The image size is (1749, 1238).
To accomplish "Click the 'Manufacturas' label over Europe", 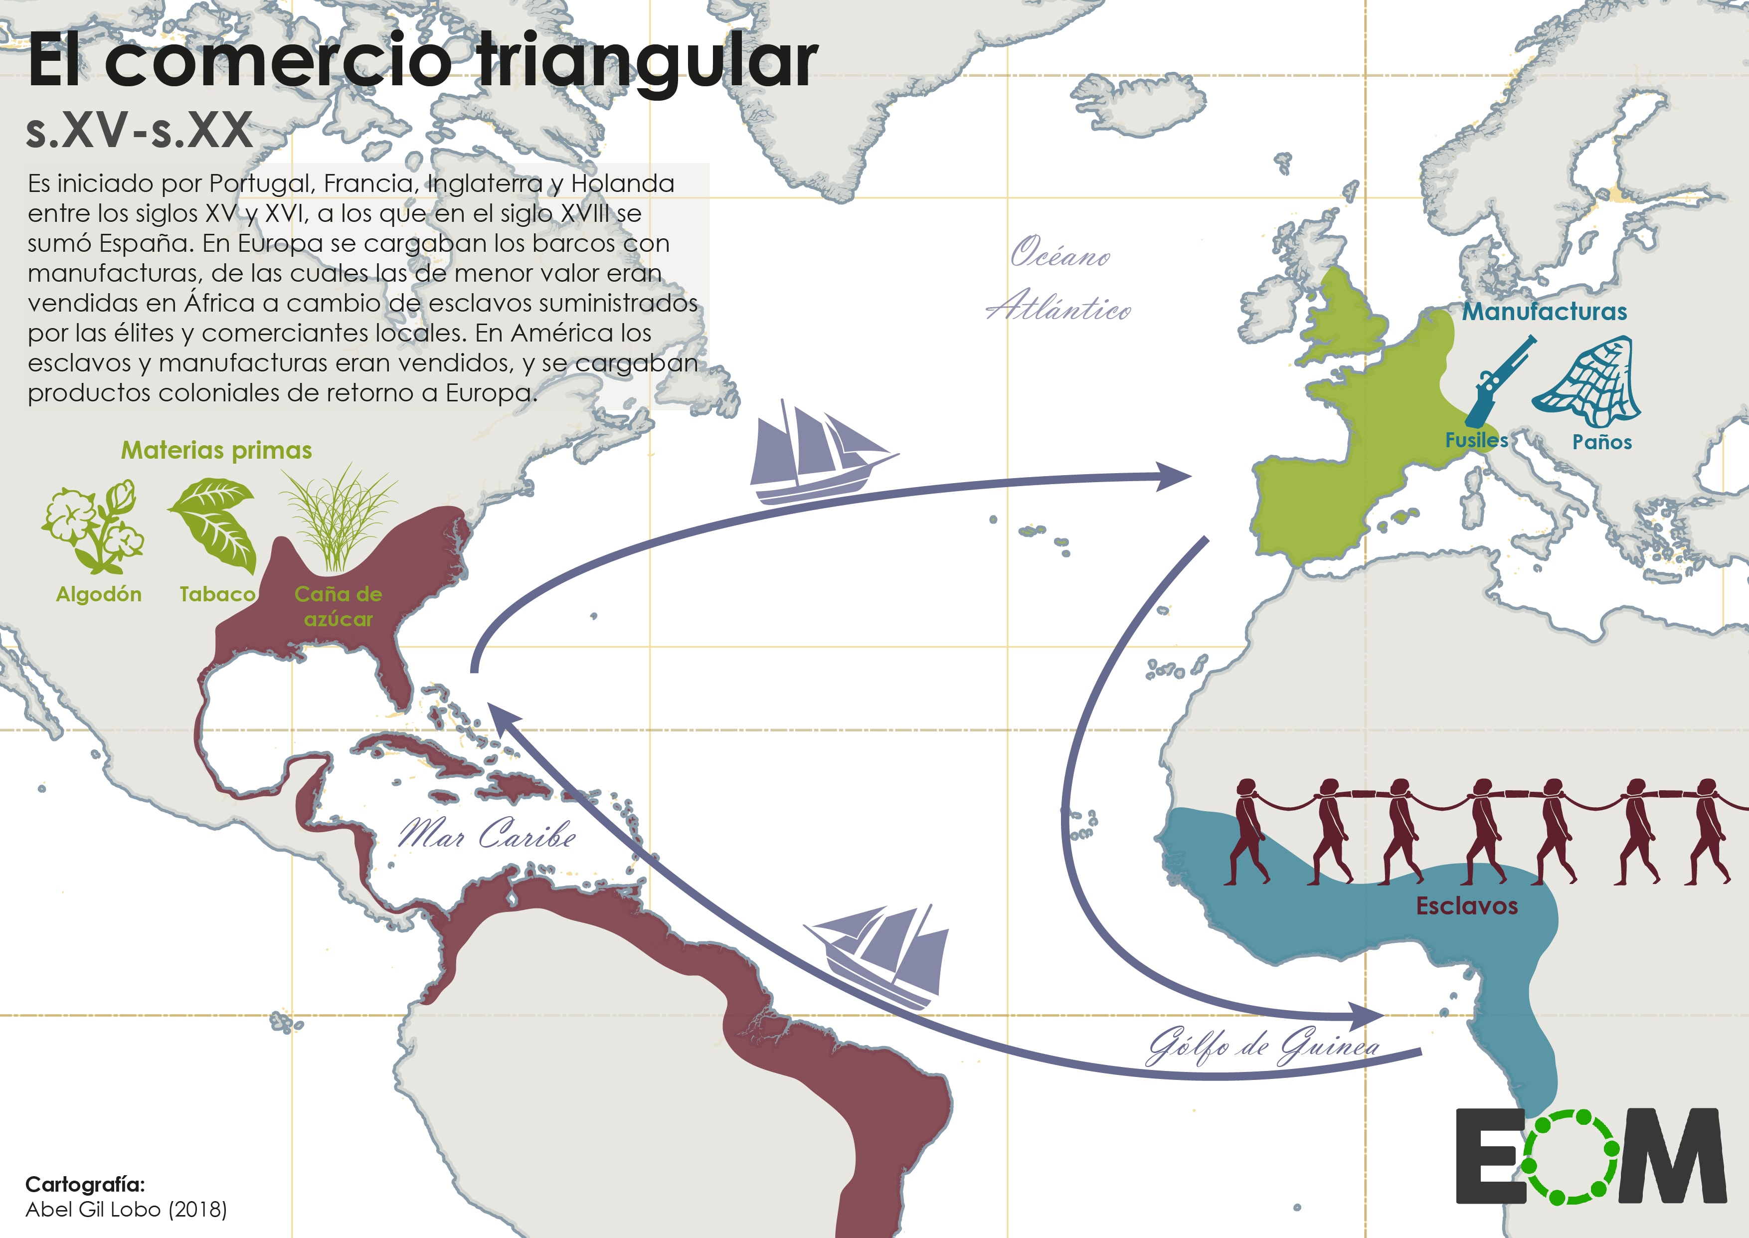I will (x=1544, y=311).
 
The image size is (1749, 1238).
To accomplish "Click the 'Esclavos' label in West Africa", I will (x=1466, y=905).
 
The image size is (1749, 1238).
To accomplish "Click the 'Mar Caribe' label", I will (x=486, y=834).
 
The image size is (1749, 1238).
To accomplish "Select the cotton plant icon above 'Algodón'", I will (x=93, y=527).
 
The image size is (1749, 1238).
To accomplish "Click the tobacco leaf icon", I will (x=213, y=525).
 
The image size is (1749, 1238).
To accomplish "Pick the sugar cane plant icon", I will (x=338, y=519).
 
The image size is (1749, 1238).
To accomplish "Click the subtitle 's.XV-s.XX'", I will (x=139, y=130).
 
